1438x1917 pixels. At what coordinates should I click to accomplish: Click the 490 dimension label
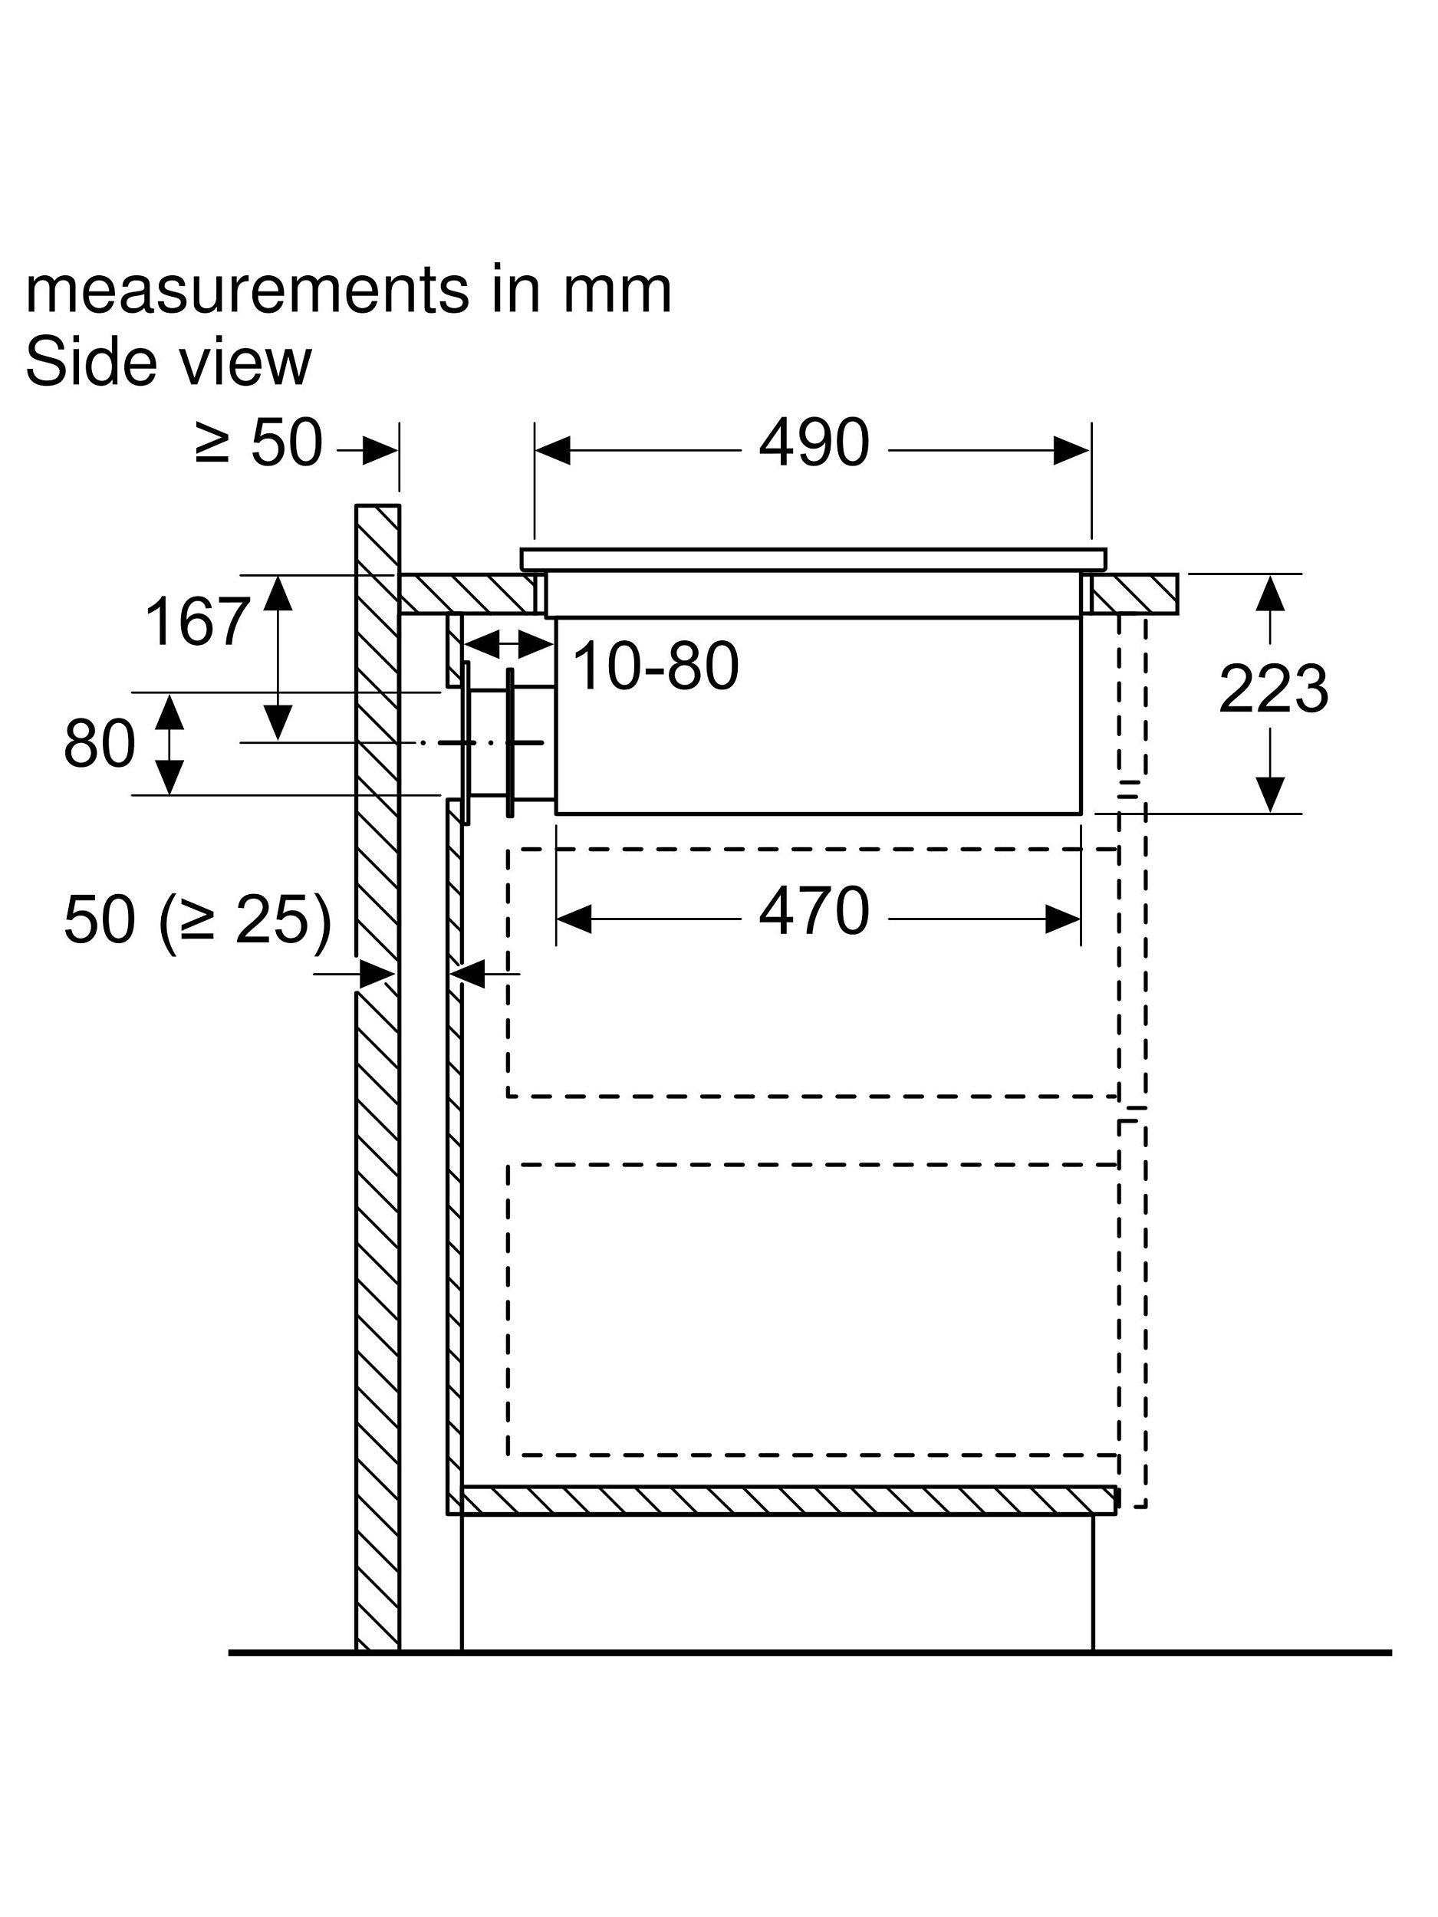point(813,443)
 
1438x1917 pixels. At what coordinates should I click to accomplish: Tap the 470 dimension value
point(813,911)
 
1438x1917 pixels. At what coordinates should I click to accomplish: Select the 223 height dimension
point(1272,690)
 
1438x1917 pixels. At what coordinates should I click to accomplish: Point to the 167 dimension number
point(198,621)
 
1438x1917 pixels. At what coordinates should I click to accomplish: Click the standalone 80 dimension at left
point(100,744)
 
